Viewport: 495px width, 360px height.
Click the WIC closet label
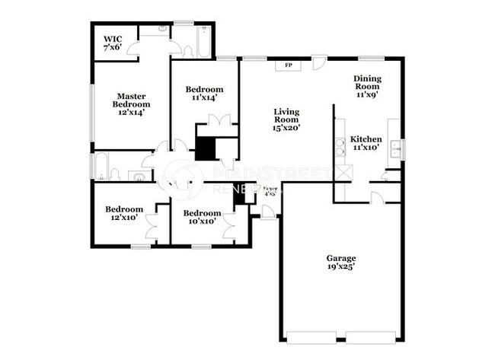(112, 43)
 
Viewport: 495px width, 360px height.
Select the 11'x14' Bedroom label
(204, 93)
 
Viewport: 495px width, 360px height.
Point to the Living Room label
(288, 120)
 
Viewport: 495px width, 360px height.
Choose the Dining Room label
(367, 86)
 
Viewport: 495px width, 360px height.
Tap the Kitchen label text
(366, 143)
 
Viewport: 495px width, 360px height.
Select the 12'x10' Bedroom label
(124, 214)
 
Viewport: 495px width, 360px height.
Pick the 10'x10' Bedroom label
(203, 217)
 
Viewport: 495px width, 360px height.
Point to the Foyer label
(270, 190)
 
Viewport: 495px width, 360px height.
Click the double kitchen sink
(396, 149)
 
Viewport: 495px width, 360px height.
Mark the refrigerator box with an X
(344, 173)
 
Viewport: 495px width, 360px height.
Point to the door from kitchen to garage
(376, 198)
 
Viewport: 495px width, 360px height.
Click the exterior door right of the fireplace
(319, 63)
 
